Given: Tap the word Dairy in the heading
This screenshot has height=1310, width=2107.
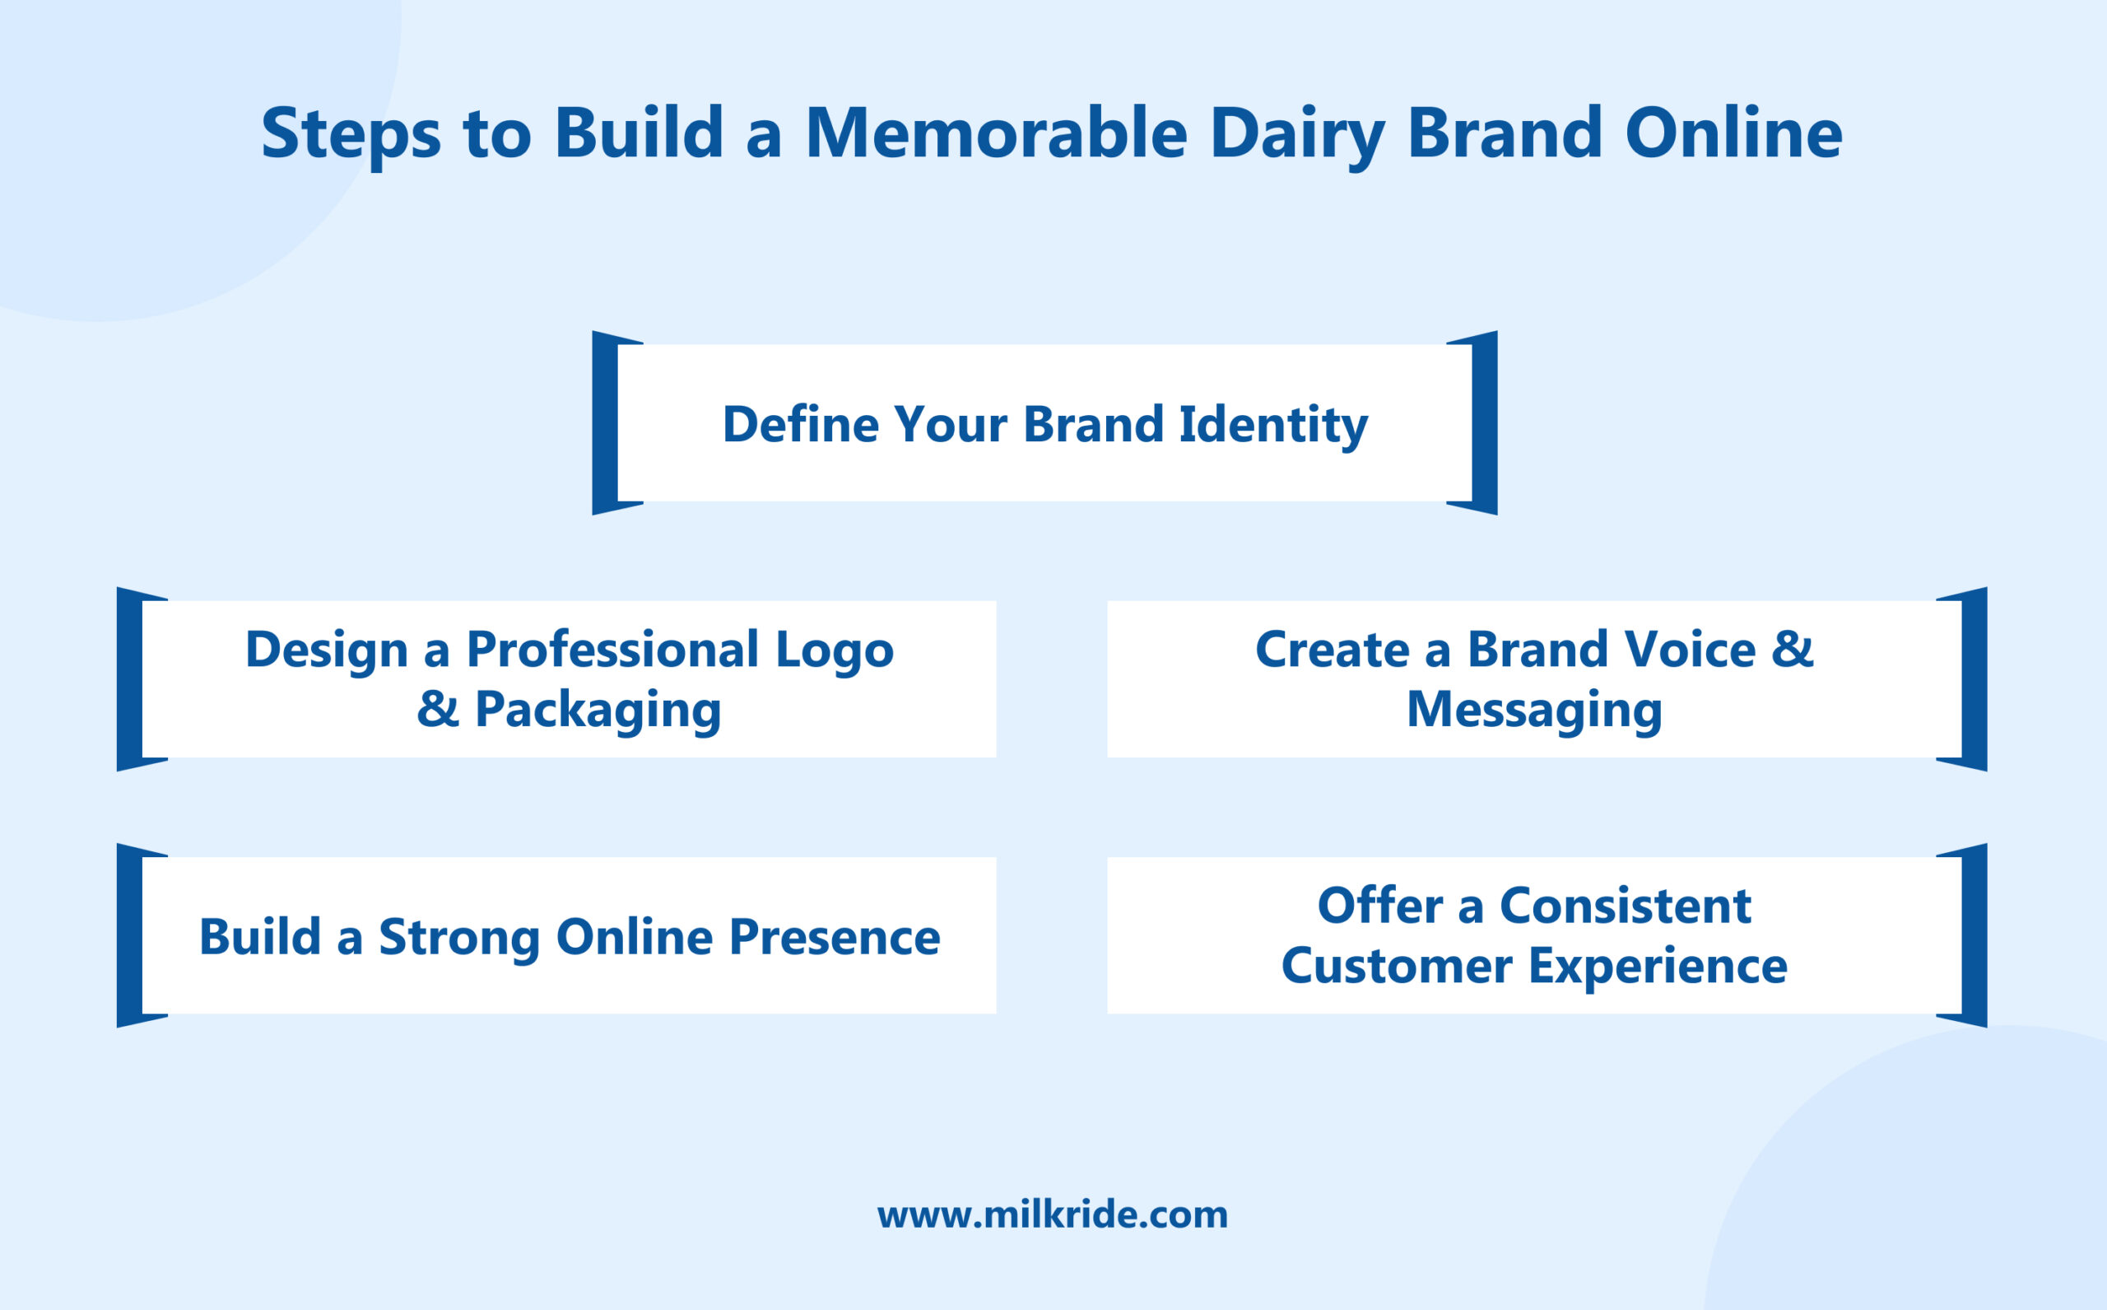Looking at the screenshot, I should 1296,134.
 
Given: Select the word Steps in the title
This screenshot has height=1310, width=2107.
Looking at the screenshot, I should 351,134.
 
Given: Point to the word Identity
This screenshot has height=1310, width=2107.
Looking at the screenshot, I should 1273,425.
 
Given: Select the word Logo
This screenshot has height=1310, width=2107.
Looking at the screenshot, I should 834,650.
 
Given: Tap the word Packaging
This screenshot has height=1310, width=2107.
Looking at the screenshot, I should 598,711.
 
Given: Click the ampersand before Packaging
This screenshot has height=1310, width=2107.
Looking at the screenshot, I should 437,709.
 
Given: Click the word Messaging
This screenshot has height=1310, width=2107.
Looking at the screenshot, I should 1533,711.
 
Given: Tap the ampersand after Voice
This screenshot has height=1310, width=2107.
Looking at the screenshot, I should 1792,649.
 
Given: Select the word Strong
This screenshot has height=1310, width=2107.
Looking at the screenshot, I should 459,938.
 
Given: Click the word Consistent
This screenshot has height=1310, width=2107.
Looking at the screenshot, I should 1625,907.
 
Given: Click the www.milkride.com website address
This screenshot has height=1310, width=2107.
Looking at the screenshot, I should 1052,1214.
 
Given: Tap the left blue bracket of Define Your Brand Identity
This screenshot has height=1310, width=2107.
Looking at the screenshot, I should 604,422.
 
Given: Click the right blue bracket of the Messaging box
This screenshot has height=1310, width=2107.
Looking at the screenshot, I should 1974,679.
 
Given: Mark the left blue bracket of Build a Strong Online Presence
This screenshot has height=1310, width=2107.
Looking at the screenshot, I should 129,935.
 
